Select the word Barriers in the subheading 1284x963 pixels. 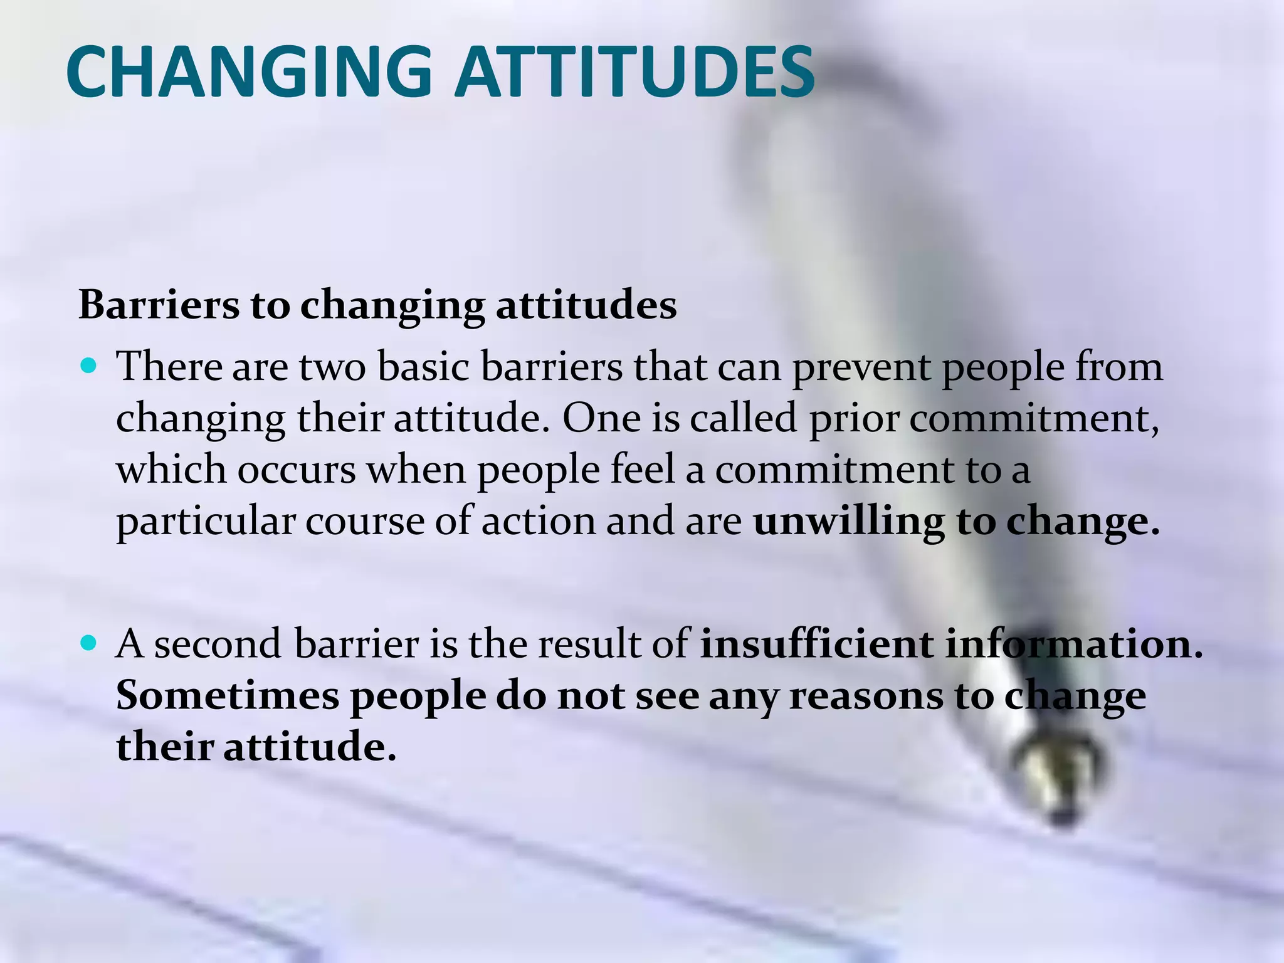(x=159, y=305)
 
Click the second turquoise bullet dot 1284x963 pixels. (x=90, y=642)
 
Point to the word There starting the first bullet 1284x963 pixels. (x=169, y=366)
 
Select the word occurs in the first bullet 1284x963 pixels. (x=296, y=470)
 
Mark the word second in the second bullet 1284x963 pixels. (x=218, y=644)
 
